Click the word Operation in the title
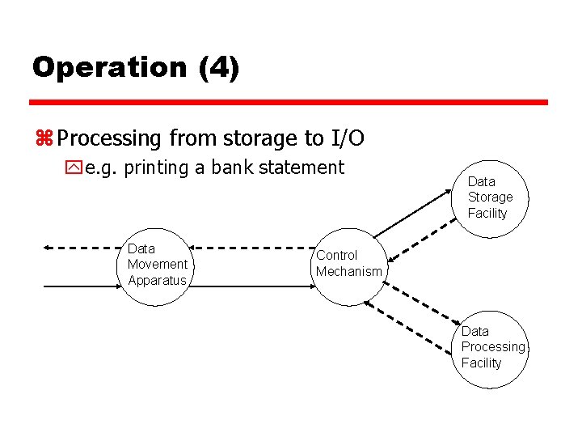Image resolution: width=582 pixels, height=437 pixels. [109, 67]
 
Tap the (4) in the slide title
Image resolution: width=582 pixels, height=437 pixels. [218, 67]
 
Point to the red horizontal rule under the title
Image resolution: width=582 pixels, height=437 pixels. [289, 103]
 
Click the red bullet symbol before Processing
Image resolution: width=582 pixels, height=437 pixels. [44, 139]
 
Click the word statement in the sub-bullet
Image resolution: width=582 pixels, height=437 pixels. [305, 168]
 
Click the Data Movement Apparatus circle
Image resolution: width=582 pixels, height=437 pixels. [158, 265]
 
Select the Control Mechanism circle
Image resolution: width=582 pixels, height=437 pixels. [348, 264]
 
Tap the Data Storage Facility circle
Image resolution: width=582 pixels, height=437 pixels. [489, 197]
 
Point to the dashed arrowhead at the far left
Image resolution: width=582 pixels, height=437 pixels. [48, 246]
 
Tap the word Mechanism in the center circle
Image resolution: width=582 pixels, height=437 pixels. [348, 272]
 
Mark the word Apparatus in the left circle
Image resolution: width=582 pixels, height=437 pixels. [157, 281]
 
